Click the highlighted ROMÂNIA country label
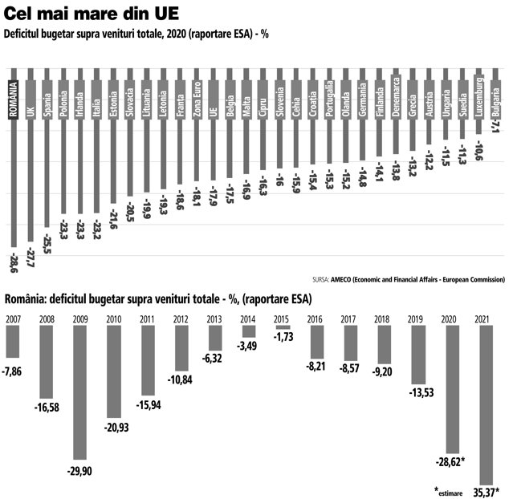pos(14,99)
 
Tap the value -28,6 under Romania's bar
pos(14,262)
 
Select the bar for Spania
pos(47,148)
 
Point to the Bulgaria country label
pos(495,101)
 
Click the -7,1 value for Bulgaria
pos(495,126)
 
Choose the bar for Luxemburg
pos(479,101)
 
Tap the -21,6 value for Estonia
pos(113,219)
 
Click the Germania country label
pos(363,99)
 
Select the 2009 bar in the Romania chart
pos(80,392)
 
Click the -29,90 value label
pos(79,471)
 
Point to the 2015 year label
pos(281,319)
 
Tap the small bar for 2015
pos(283,327)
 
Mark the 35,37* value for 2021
pos(487,492)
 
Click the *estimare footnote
pos(449,491)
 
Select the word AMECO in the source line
pos(340,279)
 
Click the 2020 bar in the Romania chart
pos(453,389)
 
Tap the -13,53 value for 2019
pos(421,392)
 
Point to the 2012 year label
pos(181,319)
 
